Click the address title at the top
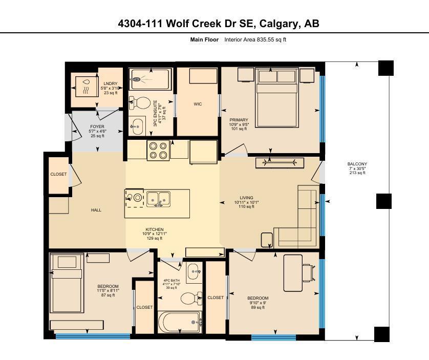click(218, 24)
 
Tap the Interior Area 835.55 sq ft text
click(255, 39)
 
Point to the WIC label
click(198, 104)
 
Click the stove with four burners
click(158, 150)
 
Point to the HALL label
click(96, 210)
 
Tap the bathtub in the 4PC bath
click(179, 323)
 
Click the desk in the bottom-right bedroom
click(293, 268)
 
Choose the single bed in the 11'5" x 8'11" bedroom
click(66, 287)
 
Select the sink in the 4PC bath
click(193, 272)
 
